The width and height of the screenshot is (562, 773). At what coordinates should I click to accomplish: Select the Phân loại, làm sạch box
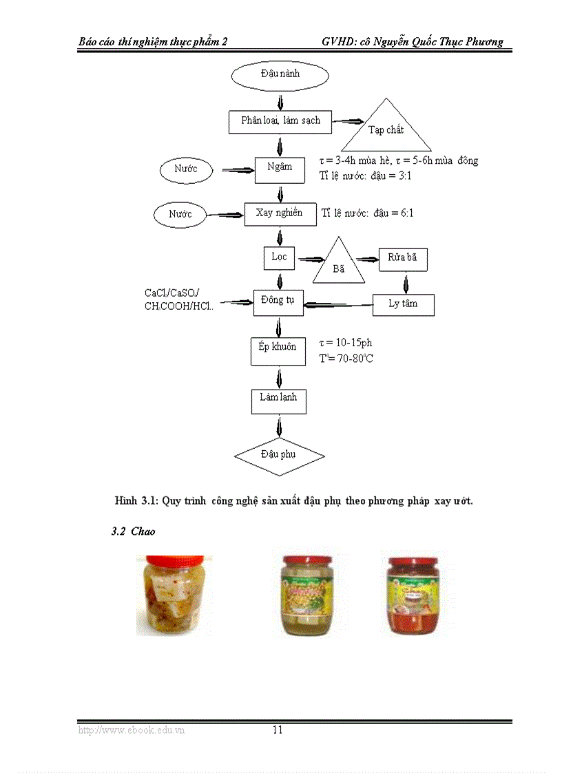click(280, 122)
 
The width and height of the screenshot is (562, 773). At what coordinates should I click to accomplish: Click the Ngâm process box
click(280, 168)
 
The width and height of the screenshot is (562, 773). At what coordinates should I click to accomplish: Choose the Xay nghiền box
click(280, 214)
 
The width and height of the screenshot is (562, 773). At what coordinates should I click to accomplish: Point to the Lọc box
click(279, 258)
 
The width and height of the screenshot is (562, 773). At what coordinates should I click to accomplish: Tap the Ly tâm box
click(403, 304)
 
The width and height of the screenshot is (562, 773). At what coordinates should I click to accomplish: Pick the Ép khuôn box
click(278, 349)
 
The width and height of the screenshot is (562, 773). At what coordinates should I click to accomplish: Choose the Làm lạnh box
click(278, 399)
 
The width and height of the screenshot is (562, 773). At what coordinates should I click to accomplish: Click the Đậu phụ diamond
click(279, 456)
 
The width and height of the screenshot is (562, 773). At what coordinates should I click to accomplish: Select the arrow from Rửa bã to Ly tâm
click(405, 282)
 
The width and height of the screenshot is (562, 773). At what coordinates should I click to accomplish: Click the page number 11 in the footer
click(278, 730)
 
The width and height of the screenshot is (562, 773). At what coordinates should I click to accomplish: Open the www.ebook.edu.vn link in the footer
click(131, 730)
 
